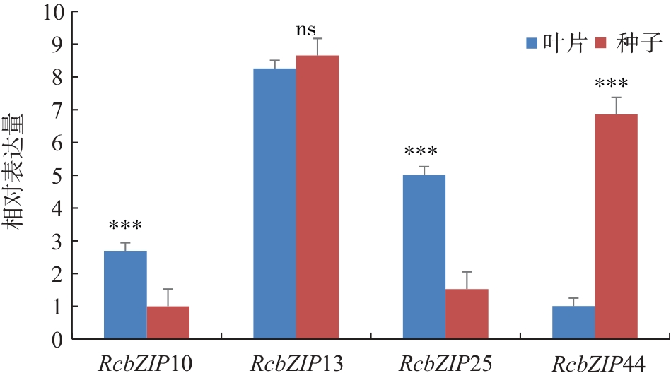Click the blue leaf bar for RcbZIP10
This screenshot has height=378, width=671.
(125, 295)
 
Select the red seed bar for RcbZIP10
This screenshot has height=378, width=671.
(168, 322)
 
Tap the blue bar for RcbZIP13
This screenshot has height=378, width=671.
(274, 203)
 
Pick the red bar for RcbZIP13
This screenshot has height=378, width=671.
(317, 197)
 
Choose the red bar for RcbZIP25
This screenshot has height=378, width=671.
(467, 314)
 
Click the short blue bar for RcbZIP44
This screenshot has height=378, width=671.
(573, 322)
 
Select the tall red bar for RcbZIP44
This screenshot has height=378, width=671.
(616, 226)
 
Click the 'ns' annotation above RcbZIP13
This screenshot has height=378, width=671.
(308, 31)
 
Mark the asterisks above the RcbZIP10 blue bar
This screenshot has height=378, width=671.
(125, 227)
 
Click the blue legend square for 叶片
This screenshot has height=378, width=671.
(532, 43)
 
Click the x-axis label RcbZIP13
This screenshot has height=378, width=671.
(296, 365)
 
